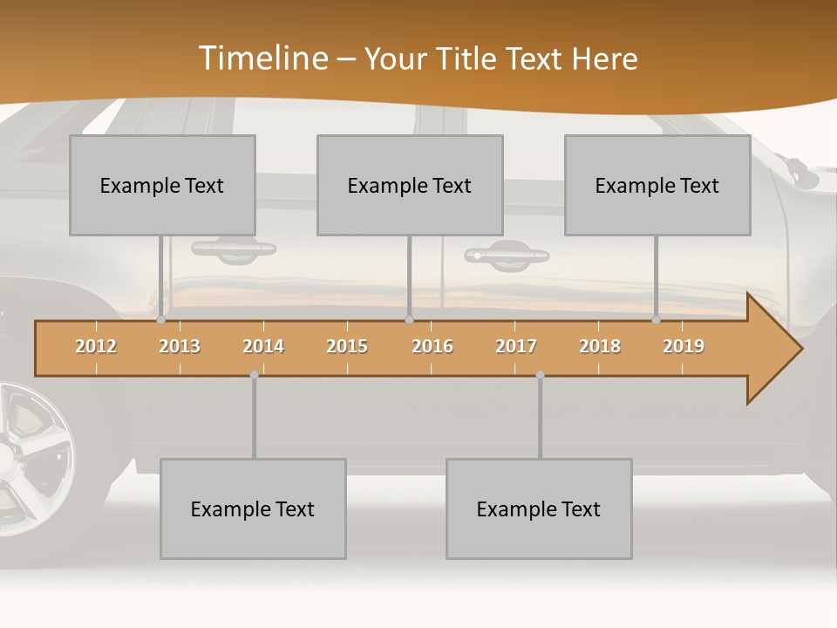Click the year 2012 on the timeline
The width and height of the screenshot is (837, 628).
point(96,346)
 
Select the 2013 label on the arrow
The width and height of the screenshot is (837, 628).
point(180,346)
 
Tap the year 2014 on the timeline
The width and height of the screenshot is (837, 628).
point(263,346)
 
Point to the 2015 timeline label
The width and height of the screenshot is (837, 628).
point(347,346)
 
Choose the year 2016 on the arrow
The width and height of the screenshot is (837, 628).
point(432,346)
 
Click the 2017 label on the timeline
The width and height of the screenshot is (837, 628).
point(516,346)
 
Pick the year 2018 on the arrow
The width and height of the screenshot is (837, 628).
point(600,346)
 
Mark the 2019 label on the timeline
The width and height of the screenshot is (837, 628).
point(684,346)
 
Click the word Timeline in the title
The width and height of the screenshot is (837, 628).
point(262,58)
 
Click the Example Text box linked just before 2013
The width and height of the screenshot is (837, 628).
point(162,185)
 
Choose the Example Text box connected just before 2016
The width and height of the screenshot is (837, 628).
point(410,185)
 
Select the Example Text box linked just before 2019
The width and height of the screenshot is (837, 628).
point(657,185)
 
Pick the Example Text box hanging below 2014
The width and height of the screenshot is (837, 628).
point(253,509)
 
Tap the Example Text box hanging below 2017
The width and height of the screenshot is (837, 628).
point(539,509)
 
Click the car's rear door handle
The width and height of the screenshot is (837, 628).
point(234,249)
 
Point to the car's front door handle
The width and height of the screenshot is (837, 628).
point(507,255)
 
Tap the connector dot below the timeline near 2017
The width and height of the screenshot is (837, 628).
point(540,375)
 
